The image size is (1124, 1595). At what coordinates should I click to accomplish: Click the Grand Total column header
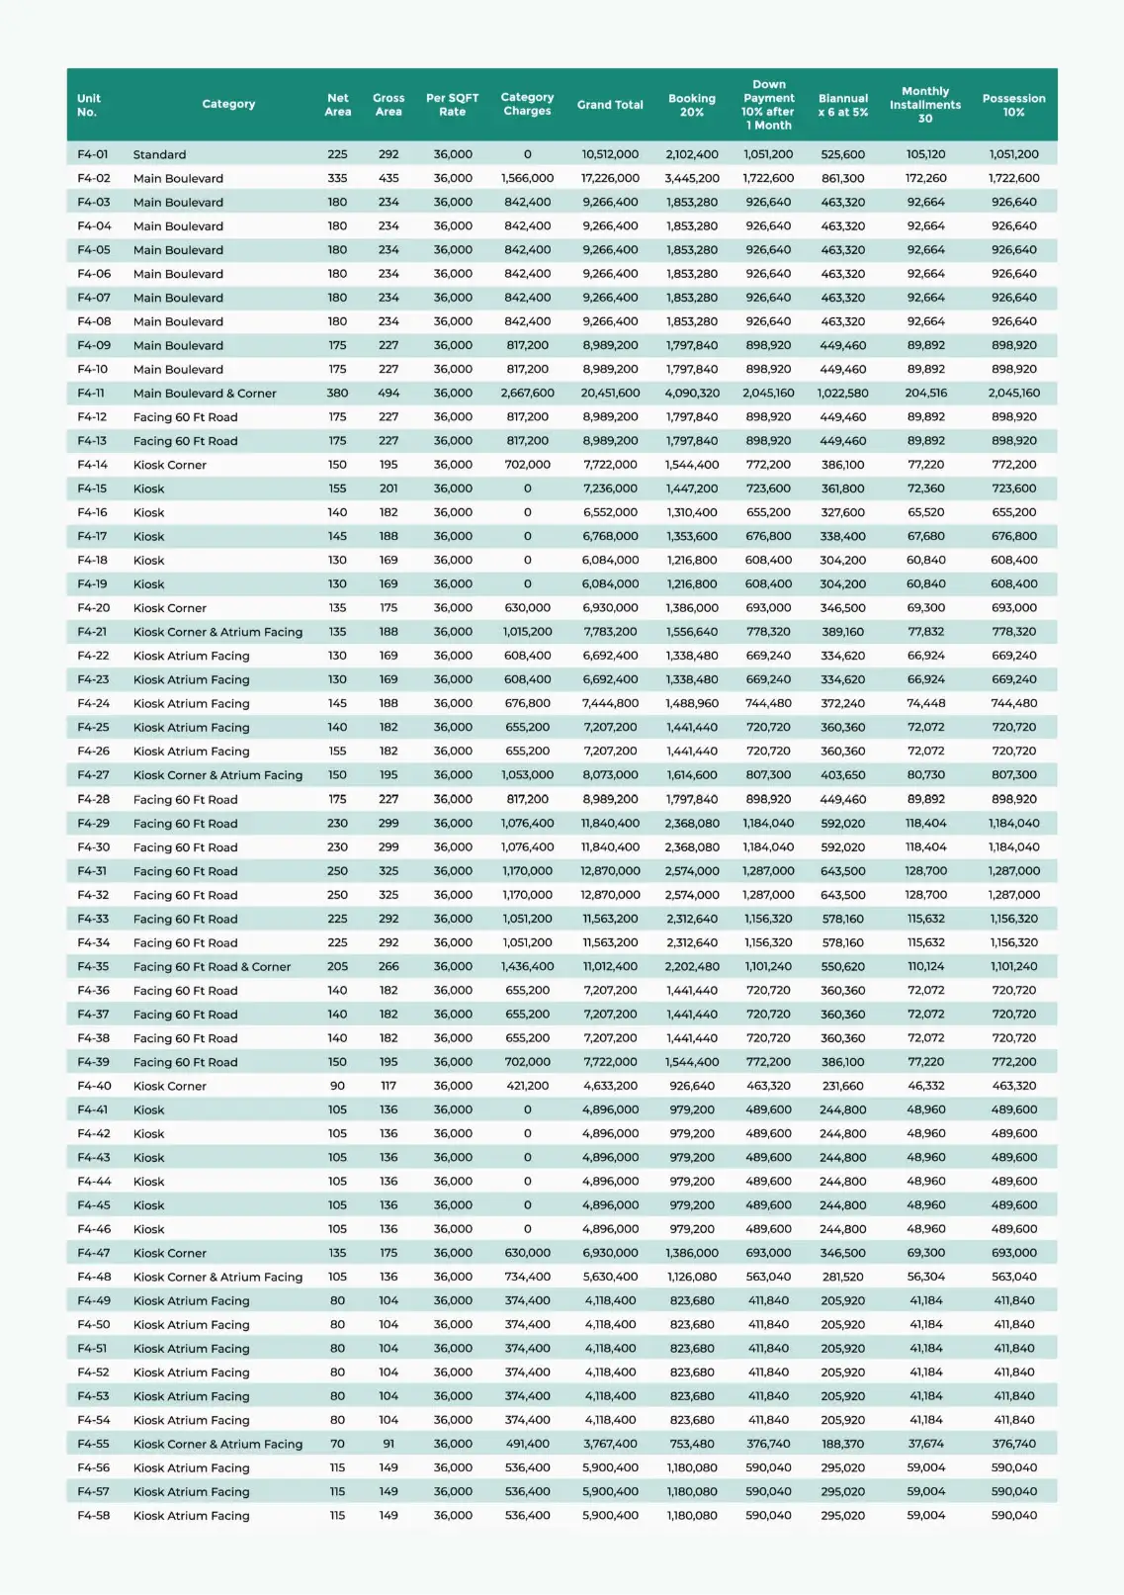coord(610,105)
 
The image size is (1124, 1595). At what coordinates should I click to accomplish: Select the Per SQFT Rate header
coord(452,105)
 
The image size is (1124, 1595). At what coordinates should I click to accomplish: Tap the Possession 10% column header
coord(1013,105)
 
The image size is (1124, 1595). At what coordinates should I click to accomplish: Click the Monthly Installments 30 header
coord(924,105)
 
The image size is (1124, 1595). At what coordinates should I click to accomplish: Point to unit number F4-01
coord(93,154)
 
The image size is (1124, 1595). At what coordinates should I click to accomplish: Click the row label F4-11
coord(91,394)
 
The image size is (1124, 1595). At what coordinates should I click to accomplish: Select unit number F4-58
coord(94,1516)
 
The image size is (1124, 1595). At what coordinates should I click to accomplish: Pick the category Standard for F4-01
coord(159,154)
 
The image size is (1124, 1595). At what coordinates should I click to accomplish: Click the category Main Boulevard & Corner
coord(205,394)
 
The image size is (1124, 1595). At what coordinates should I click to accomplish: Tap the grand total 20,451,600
coord(610,394)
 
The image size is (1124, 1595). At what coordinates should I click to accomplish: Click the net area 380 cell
coord(337,394)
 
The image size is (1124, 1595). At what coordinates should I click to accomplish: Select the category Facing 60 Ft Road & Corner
coord(212,967)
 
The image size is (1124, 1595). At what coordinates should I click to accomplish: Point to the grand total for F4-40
coord(610,1086)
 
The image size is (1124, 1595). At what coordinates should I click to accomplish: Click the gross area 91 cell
coord(389,1444)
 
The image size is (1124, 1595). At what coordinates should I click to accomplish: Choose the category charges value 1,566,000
coord(527,179)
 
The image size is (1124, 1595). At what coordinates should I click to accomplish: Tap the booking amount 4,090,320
coord(692,394)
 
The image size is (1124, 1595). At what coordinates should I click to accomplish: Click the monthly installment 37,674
coord(925,1444)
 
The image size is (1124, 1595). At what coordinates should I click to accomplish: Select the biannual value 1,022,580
coord(842,394)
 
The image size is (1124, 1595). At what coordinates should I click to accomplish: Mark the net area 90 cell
coord(337,1086)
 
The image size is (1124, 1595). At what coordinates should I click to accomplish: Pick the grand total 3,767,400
coord(610,1444)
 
